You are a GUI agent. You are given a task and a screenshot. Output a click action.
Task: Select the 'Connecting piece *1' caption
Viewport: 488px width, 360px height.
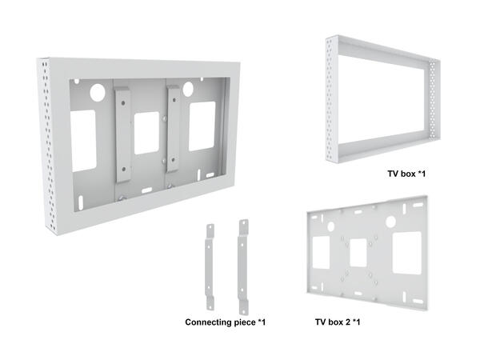[x=225, y=322]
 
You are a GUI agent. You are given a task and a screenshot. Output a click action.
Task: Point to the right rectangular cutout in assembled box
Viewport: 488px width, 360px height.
[x=202, y=124]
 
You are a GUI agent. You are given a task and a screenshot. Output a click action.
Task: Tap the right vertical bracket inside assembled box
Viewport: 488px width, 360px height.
[x=173, y=129]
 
